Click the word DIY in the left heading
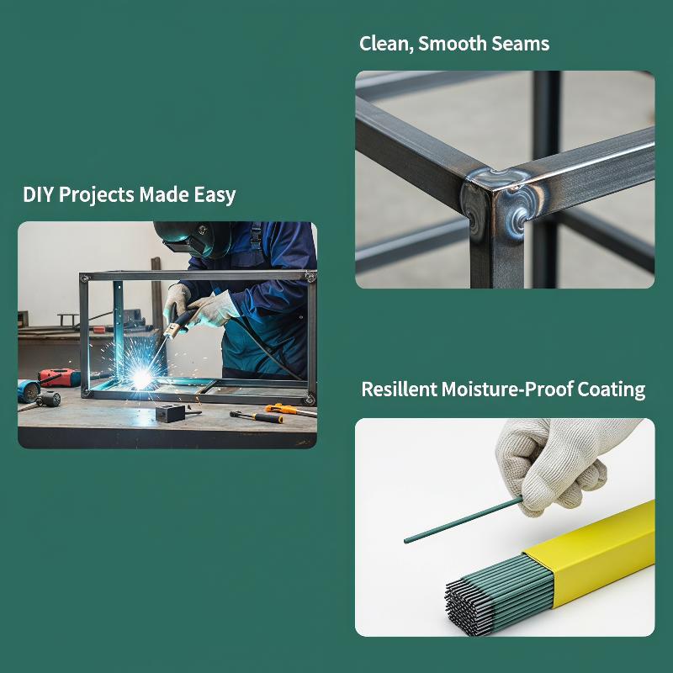[x=38, y=194]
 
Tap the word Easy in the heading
[x=215, y=195]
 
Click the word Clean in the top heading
[x=386, y=44]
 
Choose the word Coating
[x=612, y=390]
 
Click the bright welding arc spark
[x=140, y=378]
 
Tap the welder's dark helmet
[x=193, y=238]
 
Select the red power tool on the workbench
[x=59, y=377]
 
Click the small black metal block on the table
[x=170, y=412]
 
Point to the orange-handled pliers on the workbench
[x=290, y=410]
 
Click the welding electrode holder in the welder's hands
[x=181, y=322]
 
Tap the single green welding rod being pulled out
[x=464, y=520]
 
